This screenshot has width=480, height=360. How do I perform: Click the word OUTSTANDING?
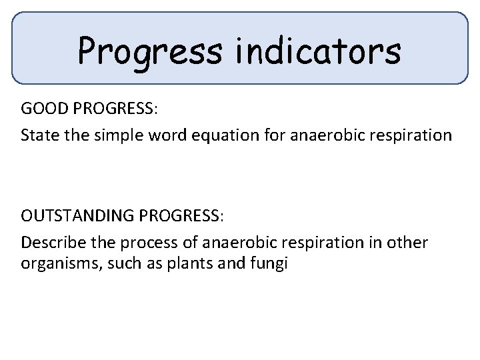click(x=81, y=217)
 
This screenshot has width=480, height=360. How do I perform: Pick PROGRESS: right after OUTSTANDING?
click(x=184, y=217)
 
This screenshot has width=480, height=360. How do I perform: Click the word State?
click(x=38, y=136)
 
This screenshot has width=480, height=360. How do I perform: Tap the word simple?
click(x=116, y=136)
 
